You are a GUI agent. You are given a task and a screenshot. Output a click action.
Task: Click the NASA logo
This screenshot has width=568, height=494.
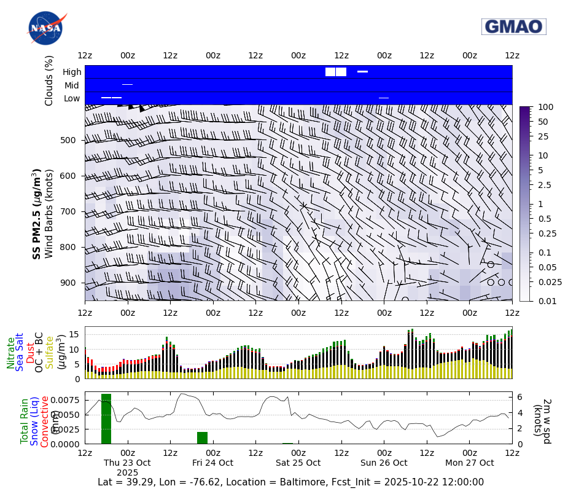tap(45, 28)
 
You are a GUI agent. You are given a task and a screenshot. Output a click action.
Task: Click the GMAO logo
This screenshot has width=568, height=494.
tap(513, 26)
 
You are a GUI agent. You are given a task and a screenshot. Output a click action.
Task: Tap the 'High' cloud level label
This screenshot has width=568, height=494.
tap(72, 72)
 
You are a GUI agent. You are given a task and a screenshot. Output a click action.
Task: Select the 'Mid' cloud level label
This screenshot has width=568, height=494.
tap(72, 85)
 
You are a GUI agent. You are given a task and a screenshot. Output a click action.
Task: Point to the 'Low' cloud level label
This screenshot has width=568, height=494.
tap(72, 98)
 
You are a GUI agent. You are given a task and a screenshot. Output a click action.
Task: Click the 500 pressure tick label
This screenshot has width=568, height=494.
tap(68, 140)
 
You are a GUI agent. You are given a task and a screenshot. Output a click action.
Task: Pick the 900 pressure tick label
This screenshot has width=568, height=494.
tap(68, 283)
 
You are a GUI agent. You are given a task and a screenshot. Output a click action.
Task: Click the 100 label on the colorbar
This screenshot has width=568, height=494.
tap(545, 107)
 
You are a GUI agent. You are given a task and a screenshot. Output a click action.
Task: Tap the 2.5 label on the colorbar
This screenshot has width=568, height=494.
tap(544, 185)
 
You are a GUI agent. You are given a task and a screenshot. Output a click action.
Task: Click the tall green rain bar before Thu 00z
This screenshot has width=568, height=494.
tap(106, 418)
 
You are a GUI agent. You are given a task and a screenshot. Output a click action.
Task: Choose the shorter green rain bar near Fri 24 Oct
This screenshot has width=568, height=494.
tap(202, 437)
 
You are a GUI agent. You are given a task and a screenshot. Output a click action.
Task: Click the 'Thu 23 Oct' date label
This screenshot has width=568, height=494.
tap(127, 463)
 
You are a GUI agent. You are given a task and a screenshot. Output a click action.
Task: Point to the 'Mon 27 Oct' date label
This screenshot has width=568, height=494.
tap(470, 463)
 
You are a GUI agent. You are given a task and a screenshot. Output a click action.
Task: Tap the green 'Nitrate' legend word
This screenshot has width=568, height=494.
tap(11, 353)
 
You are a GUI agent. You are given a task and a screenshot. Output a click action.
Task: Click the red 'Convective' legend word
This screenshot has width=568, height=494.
tap(45, 421)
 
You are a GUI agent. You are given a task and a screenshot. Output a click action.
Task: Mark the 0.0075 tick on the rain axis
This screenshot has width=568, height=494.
tap(67, 400)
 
